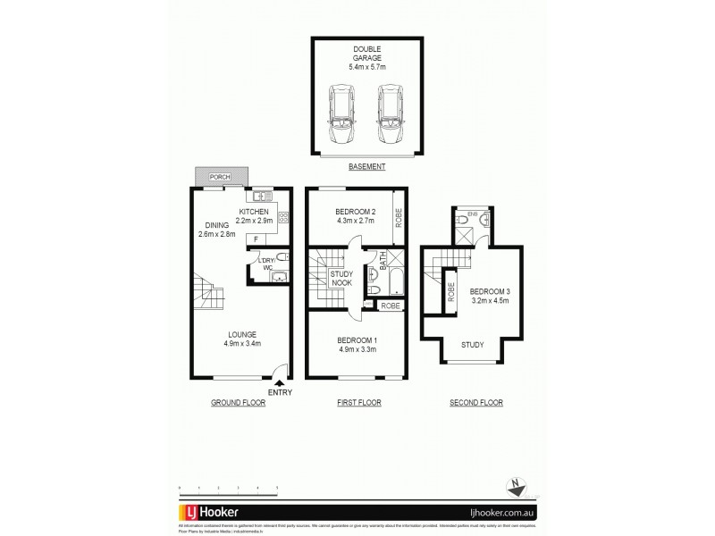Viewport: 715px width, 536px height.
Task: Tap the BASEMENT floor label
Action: pyautogui.click(x=366, y=166)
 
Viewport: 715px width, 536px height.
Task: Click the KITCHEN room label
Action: pyautogui.click(x=256, y=212)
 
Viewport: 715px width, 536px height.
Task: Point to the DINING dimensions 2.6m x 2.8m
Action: pyautogui.click(x=214, y=234)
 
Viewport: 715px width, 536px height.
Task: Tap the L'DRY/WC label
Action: pyautogui.click(x=265, y=264)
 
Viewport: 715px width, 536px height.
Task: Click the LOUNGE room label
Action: pyautogui.click(x=241, y=334)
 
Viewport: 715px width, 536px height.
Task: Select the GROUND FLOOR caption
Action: pyautogui.click(x=238, y=403)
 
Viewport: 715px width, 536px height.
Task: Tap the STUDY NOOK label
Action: pyautogui.click(x=341, y=278)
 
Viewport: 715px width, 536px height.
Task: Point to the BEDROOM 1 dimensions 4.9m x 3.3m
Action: pyautogui.click(x=357, y=349)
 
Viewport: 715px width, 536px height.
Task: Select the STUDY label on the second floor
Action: pyautogui.click(x=474, y=343)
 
